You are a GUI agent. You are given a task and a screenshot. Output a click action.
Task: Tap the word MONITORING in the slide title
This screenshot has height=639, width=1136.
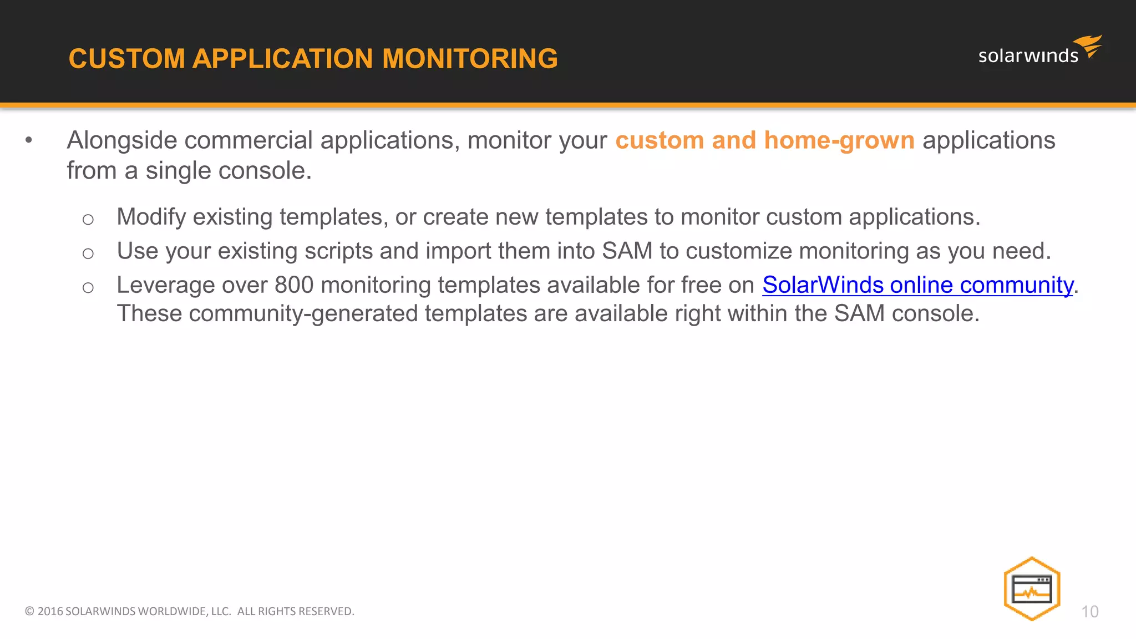click(x=470, y=59)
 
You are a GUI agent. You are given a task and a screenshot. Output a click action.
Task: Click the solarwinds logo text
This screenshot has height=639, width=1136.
click(x=1028, y=55)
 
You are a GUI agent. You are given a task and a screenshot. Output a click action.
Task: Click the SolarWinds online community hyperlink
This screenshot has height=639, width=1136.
click(x=917, y=285)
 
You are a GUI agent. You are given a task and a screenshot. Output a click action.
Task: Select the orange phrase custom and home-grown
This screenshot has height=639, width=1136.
click(x=764, y=140)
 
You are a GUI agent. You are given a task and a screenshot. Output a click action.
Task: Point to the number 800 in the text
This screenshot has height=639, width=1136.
click(x=294, y=285)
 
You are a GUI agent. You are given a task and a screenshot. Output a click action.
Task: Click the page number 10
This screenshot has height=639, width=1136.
click(x=1089, y=611)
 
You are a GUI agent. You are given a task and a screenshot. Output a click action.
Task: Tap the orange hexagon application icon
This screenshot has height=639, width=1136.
click(x=1032, y=589)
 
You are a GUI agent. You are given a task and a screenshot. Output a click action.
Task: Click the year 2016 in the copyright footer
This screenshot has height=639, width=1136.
click(x=50, y=611)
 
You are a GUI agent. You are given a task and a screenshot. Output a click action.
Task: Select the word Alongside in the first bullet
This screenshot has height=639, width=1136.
click(x=122, y=140)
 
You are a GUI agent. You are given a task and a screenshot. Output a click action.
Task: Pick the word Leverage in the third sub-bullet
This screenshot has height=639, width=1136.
click(x=165, y=285)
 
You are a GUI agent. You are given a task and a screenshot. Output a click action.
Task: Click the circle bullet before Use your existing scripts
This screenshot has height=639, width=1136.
click(x=88, y=253)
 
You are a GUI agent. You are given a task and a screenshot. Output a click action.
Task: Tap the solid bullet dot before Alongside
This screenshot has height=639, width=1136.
click(x=29, y=140)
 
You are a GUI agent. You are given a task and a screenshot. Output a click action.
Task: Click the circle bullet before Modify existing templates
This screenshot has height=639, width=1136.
click(x=88, y=220)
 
